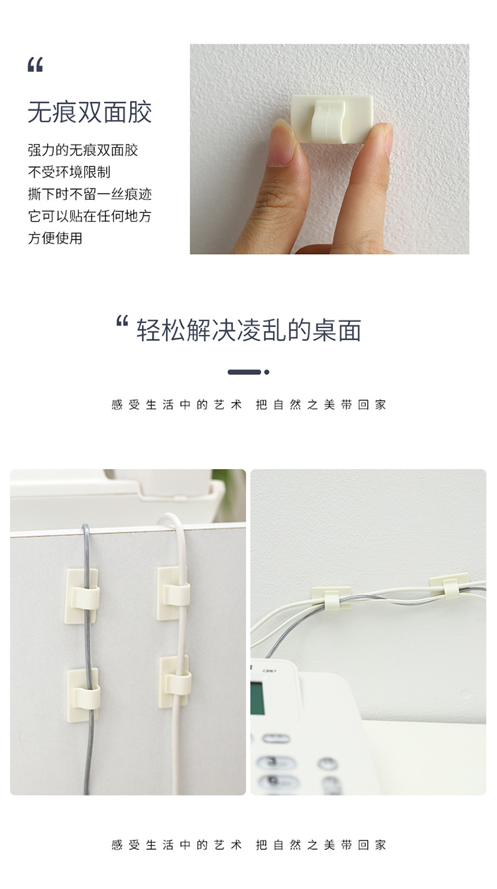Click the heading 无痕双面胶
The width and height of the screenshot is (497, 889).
tap(89, 112)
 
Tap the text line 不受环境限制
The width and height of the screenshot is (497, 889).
tap(69, 172)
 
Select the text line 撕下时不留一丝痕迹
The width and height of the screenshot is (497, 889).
tap(89, 194)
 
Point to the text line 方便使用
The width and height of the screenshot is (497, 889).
tap(55, 238)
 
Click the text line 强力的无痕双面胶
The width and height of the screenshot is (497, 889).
tap(83, 150)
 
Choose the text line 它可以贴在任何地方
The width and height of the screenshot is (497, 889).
tap(89, 216)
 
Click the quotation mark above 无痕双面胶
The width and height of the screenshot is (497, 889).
tap(35, 65)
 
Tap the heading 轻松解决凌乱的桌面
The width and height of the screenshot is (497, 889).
tap(248, 330)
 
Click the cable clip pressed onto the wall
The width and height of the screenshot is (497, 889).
tap(331, 118)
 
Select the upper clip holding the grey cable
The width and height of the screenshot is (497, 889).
tap(83, 594)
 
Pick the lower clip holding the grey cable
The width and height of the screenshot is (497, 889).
tap(83, 694)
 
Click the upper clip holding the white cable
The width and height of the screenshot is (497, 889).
tap(174, 592)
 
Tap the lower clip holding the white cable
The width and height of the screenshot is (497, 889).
tap(176, 681)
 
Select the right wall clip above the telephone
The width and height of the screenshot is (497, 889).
tap(449, 584)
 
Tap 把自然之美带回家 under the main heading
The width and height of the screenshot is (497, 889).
tap(321, 404)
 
